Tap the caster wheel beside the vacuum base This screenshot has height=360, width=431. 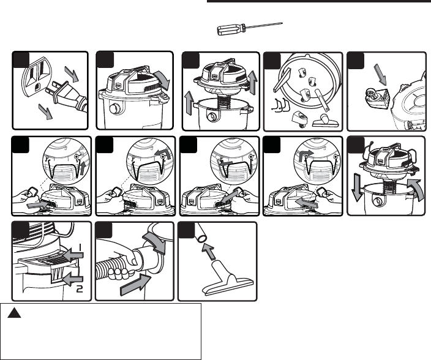coord(370,98)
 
